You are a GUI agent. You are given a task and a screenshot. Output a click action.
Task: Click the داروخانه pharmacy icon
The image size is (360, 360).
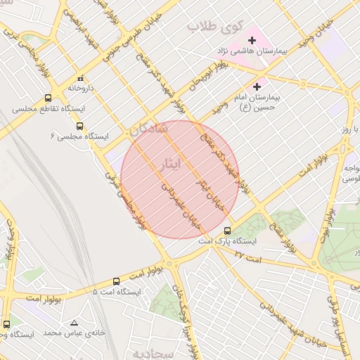[x=81, y=78]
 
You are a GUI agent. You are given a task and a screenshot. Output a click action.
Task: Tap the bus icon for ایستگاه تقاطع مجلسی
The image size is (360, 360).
[x=48, y=98]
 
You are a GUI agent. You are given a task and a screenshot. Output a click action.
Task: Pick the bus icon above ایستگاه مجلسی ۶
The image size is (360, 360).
[x=79, y=126]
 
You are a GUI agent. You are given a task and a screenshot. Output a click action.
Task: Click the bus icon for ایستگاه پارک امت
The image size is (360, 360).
[x=227, y=231]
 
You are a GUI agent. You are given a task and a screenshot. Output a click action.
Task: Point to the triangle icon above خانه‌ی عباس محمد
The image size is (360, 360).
[x=74, y=323]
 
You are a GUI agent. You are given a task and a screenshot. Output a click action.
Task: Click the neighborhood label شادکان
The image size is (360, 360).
[x=148, y=130]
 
